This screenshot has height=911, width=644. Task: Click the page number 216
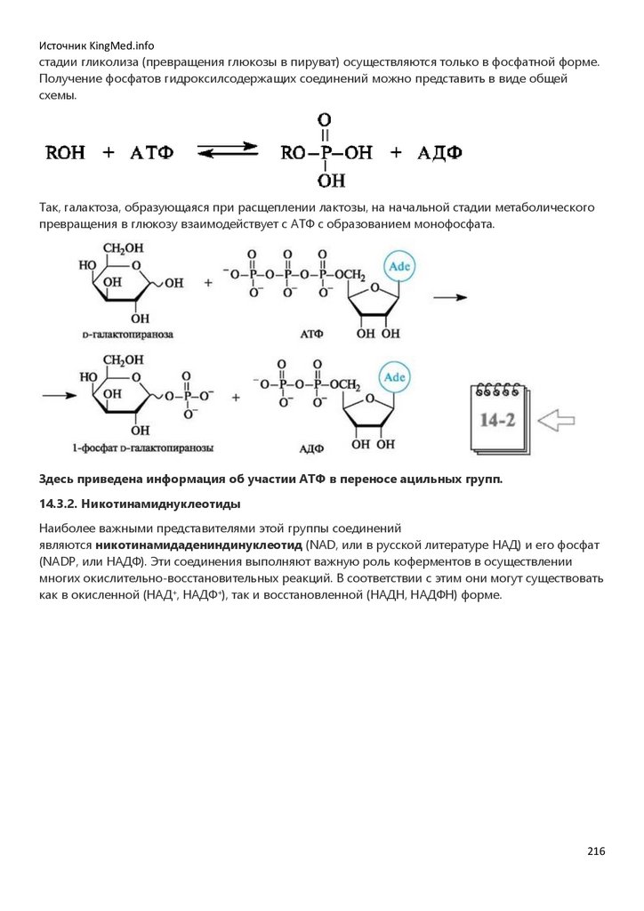[x=596, y=851]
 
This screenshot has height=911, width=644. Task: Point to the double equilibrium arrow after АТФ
[x=227, y=152]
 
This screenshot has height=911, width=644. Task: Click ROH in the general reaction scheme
[x=66, y=153]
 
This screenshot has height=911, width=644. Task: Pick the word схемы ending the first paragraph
[x=60, y=95]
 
